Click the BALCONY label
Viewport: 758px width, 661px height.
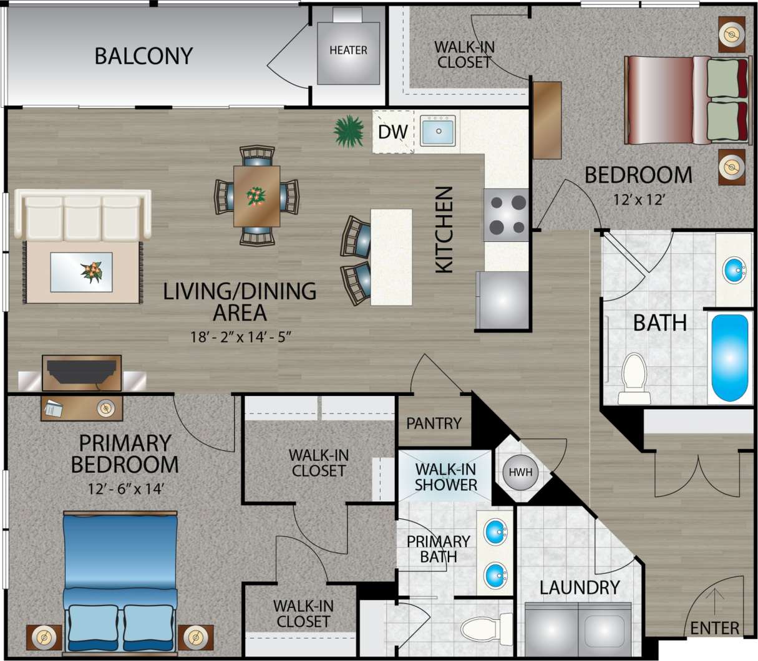143,56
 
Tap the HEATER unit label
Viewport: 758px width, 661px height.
348,50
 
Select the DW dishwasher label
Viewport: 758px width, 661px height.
393,132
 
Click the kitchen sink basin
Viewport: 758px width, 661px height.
437,131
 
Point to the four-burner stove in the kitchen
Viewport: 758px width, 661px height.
506,215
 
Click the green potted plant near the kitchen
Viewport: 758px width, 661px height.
348,130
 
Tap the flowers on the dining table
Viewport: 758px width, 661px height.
256,196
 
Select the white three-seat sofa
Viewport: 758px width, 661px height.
83,216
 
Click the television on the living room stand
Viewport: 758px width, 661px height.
81,372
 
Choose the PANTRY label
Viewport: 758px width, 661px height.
434,423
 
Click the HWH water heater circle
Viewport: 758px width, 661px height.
520,472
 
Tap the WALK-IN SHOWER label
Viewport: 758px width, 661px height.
445,477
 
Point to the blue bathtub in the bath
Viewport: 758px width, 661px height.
729,357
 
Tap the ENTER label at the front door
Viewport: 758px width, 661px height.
714,628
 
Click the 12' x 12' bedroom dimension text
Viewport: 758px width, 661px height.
638,200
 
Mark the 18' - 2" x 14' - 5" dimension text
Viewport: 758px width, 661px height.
241,337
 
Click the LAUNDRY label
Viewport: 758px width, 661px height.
580,587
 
